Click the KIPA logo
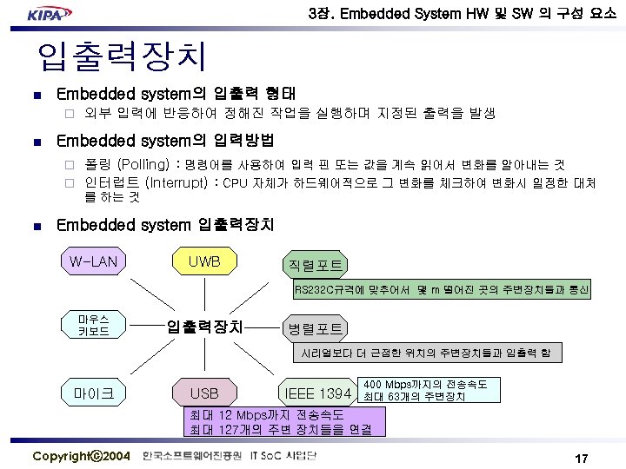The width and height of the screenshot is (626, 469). point(51,15)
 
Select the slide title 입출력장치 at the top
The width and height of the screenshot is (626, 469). point(122,57)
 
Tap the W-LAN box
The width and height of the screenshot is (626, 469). point(95,261)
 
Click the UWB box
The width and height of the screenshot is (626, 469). point(204,261)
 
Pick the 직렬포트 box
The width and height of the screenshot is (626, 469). point(315,265)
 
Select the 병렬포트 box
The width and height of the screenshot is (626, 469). point(315,328)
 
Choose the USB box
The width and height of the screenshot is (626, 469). point(204,393)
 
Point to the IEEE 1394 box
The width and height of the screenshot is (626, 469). point(318,394)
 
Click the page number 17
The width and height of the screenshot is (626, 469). point(582,458)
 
